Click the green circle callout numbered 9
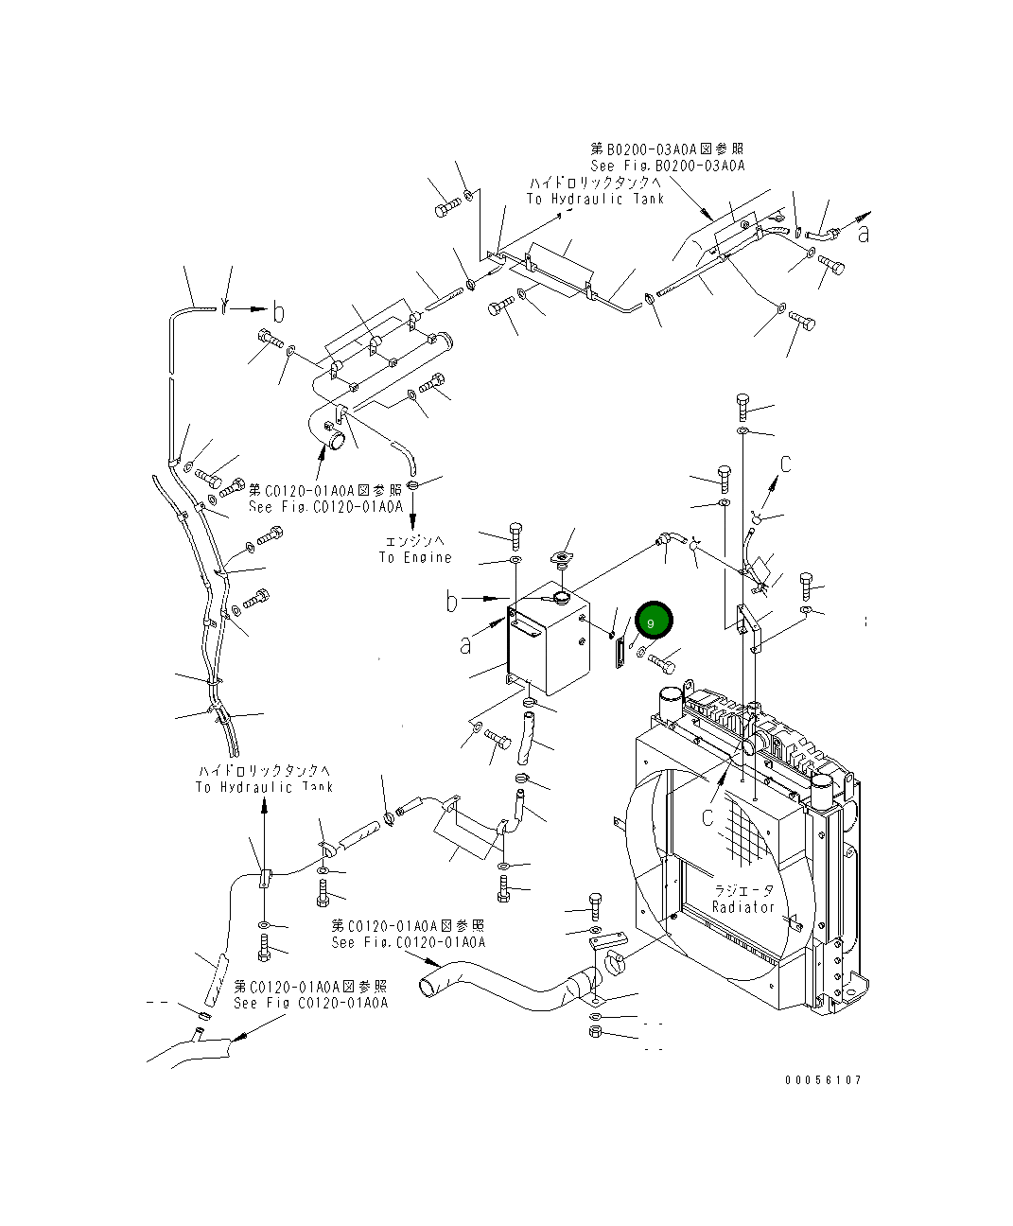click(x=653, y=622)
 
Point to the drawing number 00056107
click(x=822, y=1079)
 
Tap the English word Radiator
click(x=743, y=907)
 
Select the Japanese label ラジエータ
click(x=743, y=890)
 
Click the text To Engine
click(x=415, y=557)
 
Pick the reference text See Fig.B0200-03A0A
click(x=668, y=166)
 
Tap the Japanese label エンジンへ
click(x=413, y=541)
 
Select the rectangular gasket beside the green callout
click(x=620, y=654)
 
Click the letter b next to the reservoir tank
click(x=453, y=600)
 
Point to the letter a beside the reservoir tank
click(x=465, y=645)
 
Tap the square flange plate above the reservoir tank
click(x=565, y=559)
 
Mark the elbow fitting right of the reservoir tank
click(x=669, y=539)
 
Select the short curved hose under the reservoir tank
click(x=526, y=737)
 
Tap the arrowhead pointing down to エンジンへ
click(x=413, y=523)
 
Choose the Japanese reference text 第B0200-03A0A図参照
click(x=667, y=149)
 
